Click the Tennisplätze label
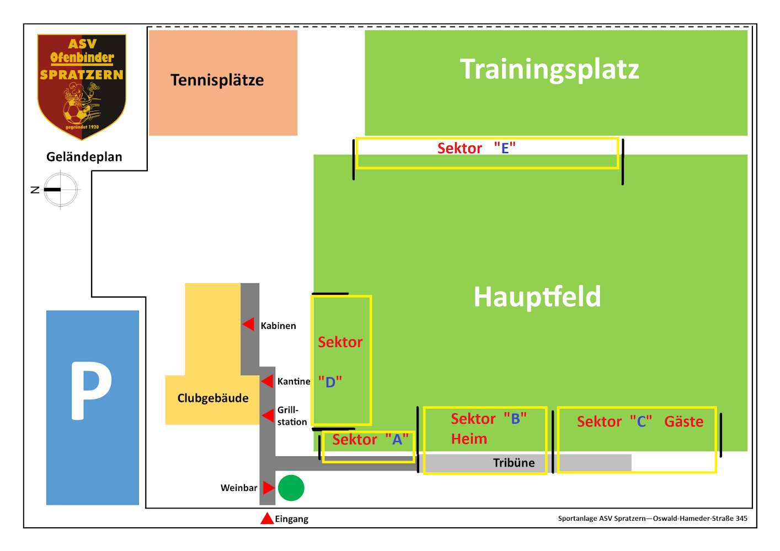217,80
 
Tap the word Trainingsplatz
549,69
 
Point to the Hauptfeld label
537,297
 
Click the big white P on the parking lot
90,391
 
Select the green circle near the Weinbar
291,488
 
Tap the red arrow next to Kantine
267,381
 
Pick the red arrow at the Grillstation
268,415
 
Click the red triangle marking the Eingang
267,518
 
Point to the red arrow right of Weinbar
269,488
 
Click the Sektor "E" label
477,148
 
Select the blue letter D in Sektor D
330,382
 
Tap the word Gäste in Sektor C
683,422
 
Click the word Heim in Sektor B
469,439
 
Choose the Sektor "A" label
370,440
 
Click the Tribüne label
514,463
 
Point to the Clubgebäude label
213,398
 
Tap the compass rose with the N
61,190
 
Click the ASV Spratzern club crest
82,87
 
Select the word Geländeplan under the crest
84,157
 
